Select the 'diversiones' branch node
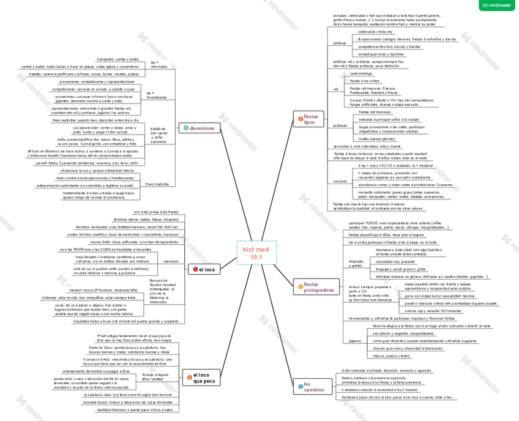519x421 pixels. pyautogui.click(x=199, y=129)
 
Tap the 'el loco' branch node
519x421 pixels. pyautogui.click(x=204, y=269)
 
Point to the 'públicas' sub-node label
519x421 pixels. pyautogui.click(x=340, y=43)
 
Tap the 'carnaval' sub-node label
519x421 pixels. pyautogui.click(x=340, y=182)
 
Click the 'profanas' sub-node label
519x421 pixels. pyautogui.click(x=340, y=125)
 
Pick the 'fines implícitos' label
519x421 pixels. pyautogui.click(x=157, y=184)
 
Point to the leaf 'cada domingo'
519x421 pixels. pyautogui.click(x=361, y=73)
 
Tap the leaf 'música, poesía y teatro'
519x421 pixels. pyautogui.click(x=391, y=356)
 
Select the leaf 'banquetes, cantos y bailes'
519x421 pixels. pyautogui.click(x=118, y=59)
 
